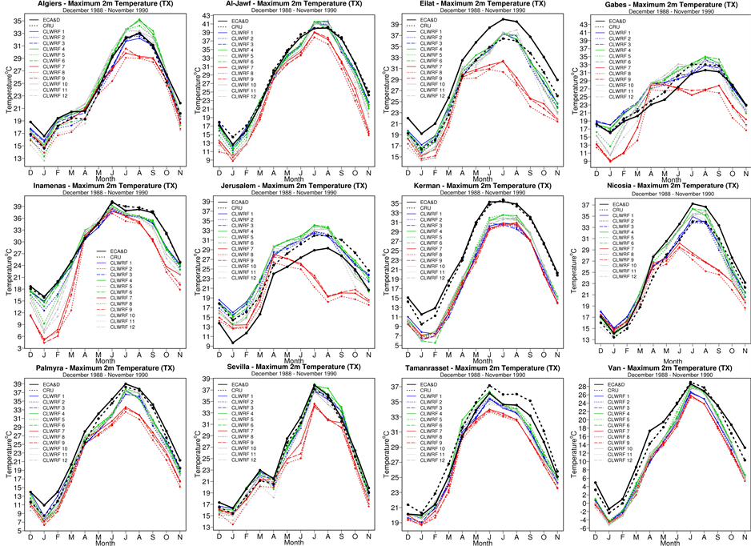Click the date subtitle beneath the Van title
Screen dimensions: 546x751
(x=657, y=375)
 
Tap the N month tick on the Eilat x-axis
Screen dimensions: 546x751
(x=557, y=173)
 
